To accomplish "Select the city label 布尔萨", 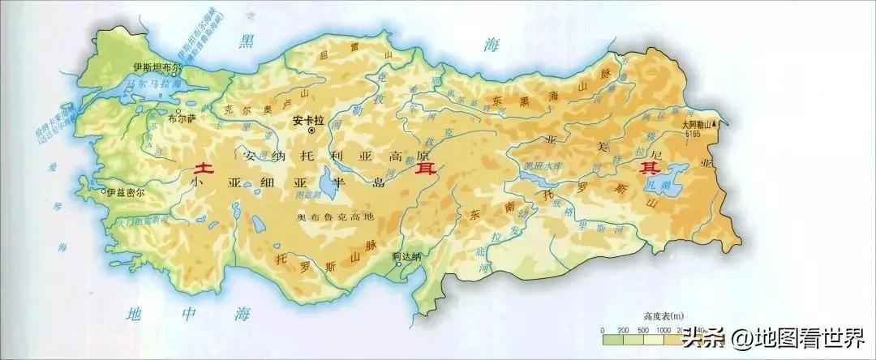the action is (x=181, y=118).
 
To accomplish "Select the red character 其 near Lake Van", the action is (x=650, y=169).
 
